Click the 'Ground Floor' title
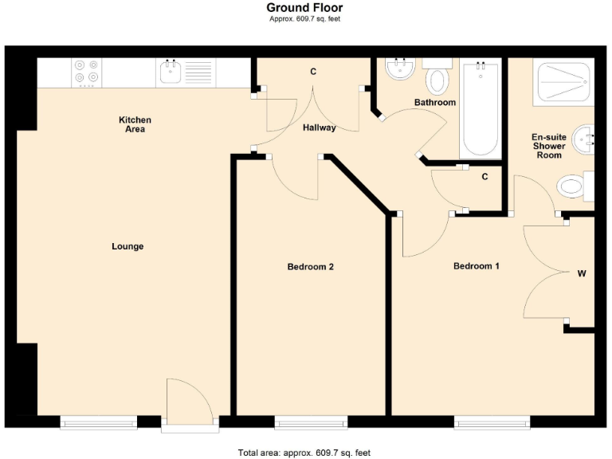click(304, 8)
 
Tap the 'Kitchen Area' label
click(135, 124)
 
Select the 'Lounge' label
click(127, 247)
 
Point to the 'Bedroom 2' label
click(310, 267)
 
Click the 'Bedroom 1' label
click(476, 266)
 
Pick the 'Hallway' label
click(319, 128)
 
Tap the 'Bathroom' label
click(434, 103)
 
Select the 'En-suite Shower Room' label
click(548, 146)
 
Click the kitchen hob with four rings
click(86, 72)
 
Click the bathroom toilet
click(437, 80)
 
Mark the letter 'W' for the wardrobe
click(582, 274)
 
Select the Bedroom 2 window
click(311, 422)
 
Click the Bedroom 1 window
click(492, 422)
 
